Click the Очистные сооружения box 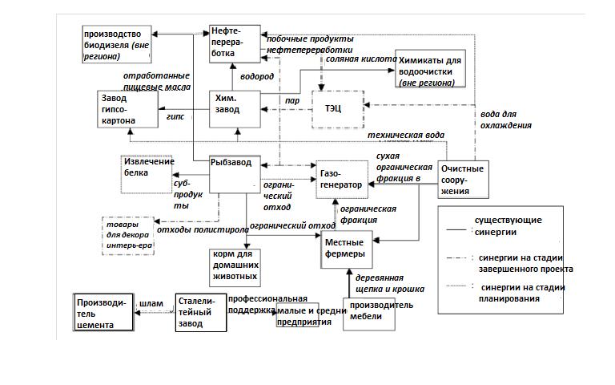[x=464, y=180]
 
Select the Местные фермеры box [x=346, y=248]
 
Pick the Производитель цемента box [x=102, y=313]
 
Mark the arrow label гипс [x=175, y=116]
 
